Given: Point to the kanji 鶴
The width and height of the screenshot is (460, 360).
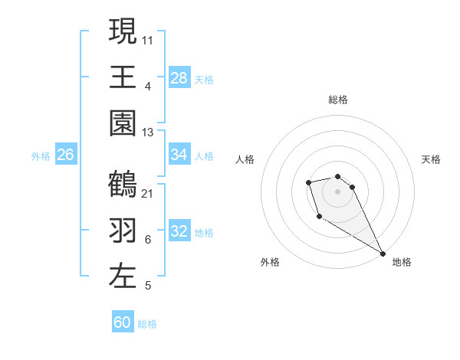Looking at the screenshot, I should (123, 185).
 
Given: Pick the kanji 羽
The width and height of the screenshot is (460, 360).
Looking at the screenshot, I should (123, 231).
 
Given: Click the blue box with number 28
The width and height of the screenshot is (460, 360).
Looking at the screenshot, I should (179, 77).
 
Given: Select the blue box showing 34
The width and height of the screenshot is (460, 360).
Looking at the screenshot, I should (179, 155).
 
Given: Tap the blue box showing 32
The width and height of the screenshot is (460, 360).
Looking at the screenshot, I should (179, 231).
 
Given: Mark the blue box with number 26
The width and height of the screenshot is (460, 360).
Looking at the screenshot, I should (66, 155).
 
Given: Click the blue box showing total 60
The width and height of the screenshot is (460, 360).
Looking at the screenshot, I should (123, 322).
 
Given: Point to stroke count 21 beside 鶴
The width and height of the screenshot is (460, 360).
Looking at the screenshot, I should (148, 193).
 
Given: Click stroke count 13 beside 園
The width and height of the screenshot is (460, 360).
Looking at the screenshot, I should (148, 132).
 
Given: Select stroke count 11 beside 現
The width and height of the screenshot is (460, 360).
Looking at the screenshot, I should (148, 40).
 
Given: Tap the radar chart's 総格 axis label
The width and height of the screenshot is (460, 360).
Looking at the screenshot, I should (338, 100).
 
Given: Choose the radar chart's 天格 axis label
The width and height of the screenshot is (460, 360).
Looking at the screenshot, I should (431, 159).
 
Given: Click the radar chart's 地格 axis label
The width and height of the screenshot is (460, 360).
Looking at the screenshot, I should (402, 262).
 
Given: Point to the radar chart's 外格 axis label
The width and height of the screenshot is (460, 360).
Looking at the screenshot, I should (270, 262).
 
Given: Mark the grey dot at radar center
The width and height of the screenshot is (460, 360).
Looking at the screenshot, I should (338, 191).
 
